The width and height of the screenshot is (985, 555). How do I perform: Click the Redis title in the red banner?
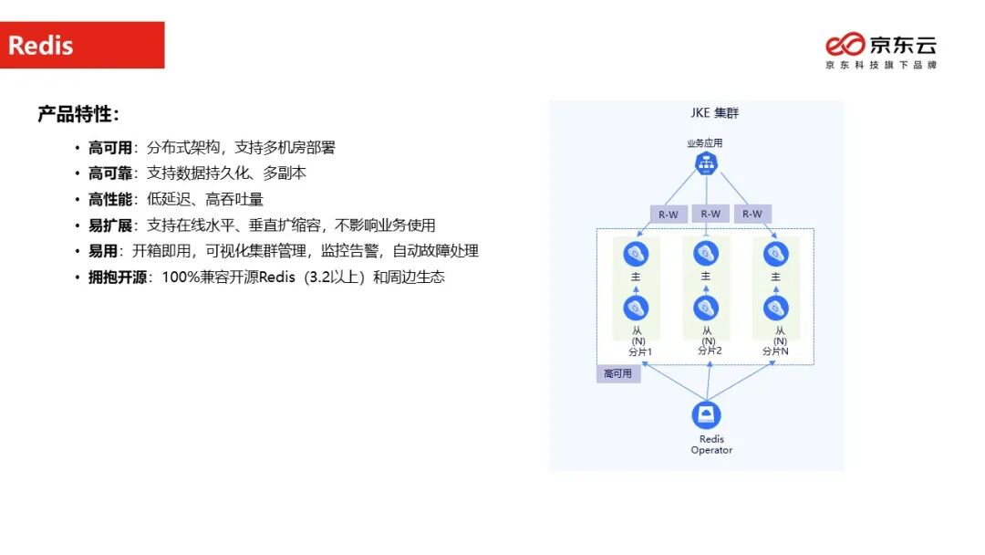pyautogui.click(x=41, y=46)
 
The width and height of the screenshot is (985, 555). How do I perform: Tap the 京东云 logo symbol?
pyautogui.click(x=845, y=44)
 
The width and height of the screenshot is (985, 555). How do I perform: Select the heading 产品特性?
pyautogui.click(x=78, y=114)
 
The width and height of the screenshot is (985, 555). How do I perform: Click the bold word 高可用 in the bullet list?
pyautogui.click(x=110, y=147)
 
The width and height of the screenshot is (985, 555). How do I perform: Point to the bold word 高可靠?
pyautogui.click(x=110, y=173)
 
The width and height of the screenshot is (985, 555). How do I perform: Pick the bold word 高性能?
pyautogui.click(x=110, y=199)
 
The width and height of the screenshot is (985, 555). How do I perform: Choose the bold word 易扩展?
pyautogui.click(x=110, y=225)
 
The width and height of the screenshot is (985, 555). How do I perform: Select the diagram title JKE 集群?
pyautogui.click(x=714, y=113)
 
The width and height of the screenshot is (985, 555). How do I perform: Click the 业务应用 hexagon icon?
pyautogui.click(x=705, y=163)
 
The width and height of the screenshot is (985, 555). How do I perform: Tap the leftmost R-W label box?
pyautogui.click(x=669, y=215)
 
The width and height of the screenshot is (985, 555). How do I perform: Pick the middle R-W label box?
pyautogui.click(x=710, y=214)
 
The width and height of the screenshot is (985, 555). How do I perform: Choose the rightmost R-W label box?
pyautogui.click(x=752, y=215)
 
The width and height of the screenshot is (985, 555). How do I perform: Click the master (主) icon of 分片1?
pyautogui.click(x=636, y=254)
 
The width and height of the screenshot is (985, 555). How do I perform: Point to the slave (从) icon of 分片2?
pyautogui.click(x=706, y=308)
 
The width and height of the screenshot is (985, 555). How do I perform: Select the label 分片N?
pyautogui.click(x=776, y=351)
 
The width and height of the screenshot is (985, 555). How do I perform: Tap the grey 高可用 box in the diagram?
pyautogui.click(x=617, y=373)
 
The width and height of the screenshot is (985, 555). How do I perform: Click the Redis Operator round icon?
pyautogui.click(x=706, y=415)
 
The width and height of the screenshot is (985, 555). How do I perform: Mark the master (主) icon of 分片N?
pyautogui.click(x=776, y=254)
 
